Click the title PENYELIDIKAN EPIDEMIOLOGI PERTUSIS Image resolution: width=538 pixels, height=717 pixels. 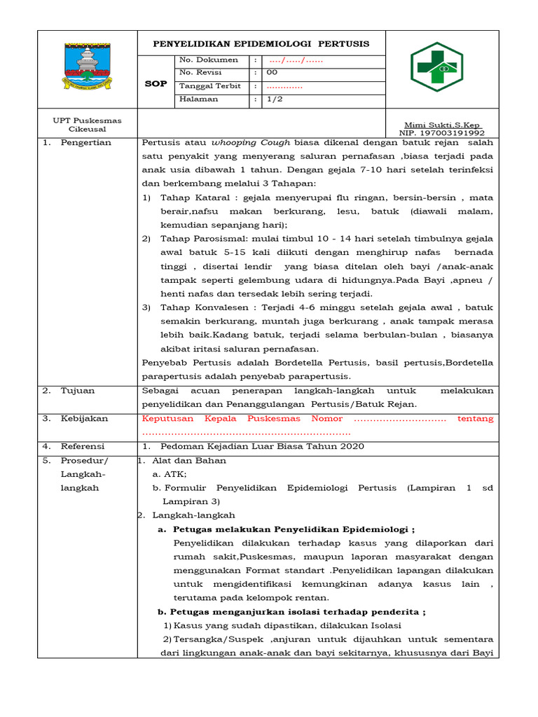click(x=261, y=43)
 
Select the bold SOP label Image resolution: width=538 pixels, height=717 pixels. click(x=156, y=83)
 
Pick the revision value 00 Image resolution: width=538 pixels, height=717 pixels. click(x=273, y=73)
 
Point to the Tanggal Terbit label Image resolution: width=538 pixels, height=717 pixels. click(x=210, y=86)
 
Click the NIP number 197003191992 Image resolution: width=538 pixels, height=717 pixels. click(x=441, y=132)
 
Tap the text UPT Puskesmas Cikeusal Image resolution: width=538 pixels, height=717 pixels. click(x=88, y=125)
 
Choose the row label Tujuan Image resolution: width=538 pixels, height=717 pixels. click(x=78, y=391)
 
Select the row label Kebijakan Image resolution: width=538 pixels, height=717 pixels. click(x=84, y=419)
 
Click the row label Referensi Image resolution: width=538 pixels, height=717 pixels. click(x=83, y=447)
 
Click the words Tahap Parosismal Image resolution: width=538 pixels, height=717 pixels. click(x=197, y=239)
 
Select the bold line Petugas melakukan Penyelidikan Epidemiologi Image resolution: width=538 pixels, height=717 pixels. click(x=294, y=529)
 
